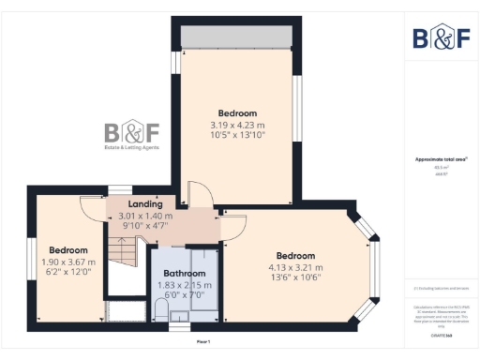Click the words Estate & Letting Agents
[x=131, y=146]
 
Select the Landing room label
[x=145, y=203]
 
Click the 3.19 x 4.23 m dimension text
[x=237, y=125]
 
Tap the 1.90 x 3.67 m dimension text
[x=68, y=262]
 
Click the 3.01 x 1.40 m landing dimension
[x=145, y=215]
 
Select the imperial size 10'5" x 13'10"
[x=237, y=135]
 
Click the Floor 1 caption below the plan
[x=202, y=341]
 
